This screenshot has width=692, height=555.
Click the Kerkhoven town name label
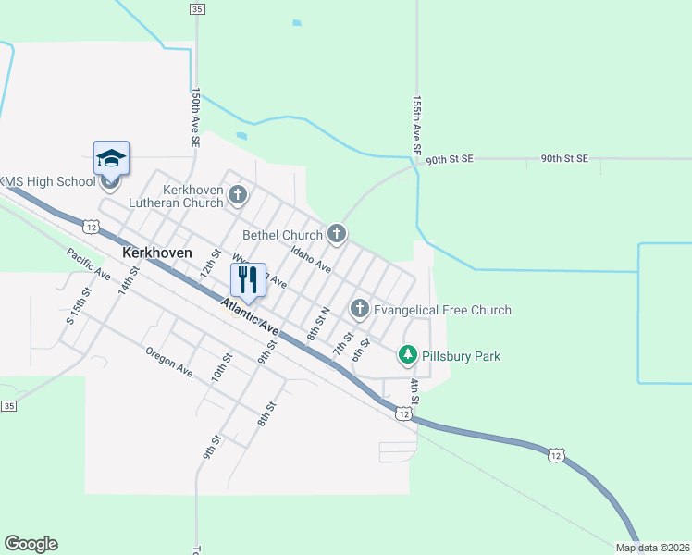point(157,252)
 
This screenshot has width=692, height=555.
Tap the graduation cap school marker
point(111,158)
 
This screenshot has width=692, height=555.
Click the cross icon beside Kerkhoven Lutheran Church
point(239,194)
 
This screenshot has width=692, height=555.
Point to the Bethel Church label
point(282,235)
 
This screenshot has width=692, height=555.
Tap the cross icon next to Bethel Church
point(337,234)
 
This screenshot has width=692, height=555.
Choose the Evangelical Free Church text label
point(443,310)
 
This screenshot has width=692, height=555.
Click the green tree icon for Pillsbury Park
point(407,354)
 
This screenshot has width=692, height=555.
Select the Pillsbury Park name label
point(462,355)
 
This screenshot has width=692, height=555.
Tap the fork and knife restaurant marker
point(248,278)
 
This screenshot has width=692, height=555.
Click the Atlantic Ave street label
point(250,315)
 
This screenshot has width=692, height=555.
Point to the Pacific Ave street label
point(89,265)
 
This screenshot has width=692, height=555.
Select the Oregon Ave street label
point(169,362)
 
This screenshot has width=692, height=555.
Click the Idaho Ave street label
point(311,258)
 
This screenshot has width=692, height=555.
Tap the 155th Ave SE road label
point(417,124)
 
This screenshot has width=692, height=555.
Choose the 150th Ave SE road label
point(195,118)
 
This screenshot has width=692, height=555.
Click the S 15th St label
point(80,305)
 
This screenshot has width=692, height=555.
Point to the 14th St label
point(128,279)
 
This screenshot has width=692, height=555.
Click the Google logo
point(31,544)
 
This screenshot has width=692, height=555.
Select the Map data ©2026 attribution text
point(651,548)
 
